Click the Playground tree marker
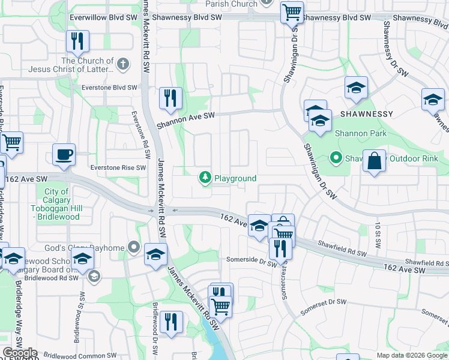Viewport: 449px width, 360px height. pos(205,178)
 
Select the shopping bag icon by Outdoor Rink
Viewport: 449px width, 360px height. pos(374,161)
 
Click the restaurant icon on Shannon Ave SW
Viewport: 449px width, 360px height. pos(170,97)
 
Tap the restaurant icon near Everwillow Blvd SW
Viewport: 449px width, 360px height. pos(77,41)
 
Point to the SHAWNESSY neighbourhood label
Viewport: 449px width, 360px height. pos(366,113)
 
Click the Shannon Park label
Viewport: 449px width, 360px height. pos(361,133)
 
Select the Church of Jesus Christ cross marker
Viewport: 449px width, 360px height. pos(123,63)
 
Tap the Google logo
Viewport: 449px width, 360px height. pos(20,353)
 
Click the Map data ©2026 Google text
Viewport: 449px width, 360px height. pos(411,355)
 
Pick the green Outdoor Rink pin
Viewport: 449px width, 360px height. pos(335,158)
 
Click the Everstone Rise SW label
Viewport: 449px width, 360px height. pos(118,167)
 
